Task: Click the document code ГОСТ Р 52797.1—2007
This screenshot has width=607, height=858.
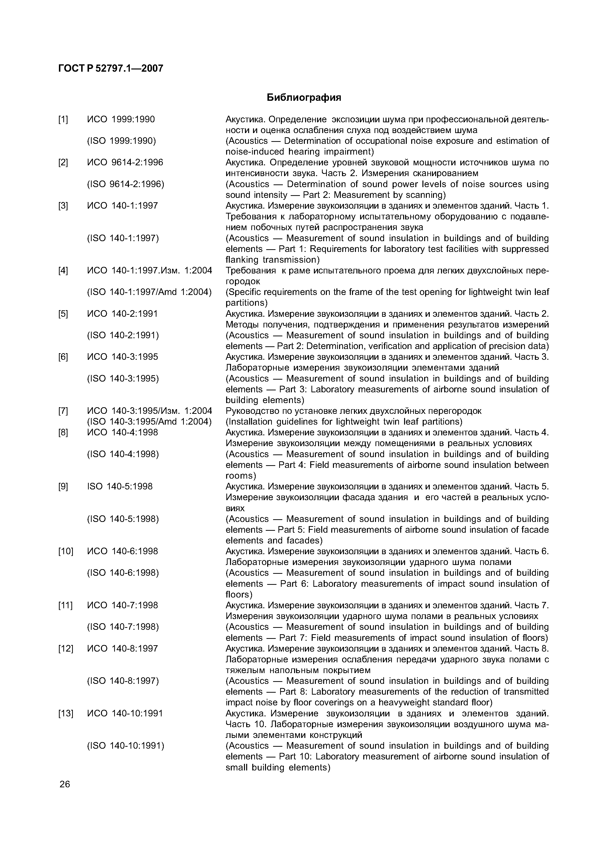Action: [x=111, y=68]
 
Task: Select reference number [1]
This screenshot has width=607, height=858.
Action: [x=63, y=120]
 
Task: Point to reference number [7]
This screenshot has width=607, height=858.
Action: [x=63, y=411]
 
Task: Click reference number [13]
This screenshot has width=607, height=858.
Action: [x=66, y=713]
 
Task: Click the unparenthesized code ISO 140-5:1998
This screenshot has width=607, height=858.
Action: [x=120, y=487]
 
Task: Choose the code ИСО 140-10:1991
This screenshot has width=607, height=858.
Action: [x=125, y=713]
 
